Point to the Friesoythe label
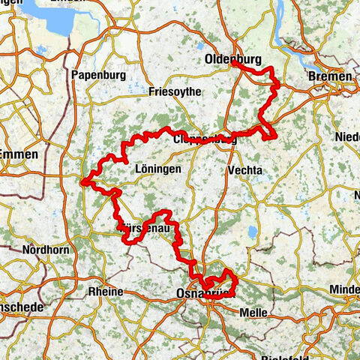point(173,92)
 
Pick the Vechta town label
point(244,170)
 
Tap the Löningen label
point(157,169)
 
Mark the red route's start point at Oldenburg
point(234,64)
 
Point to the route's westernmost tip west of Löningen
point(84,180)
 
